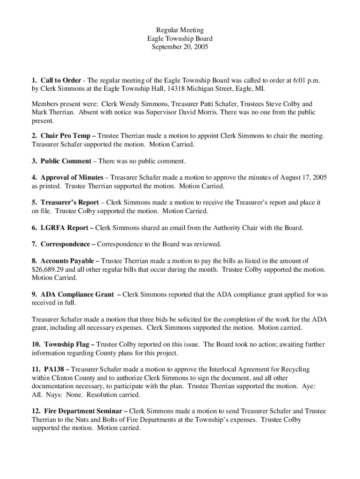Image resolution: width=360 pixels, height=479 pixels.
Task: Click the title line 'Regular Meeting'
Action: pyautogui.click(x=180, y=30)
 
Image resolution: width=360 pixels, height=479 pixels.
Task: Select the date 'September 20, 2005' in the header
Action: pyautogui.click(x=180, y=47)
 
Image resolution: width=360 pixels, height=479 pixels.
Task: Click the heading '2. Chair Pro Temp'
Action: pyautogui.click(x=61, y=136)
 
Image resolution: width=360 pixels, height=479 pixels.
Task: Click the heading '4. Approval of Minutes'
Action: pyautogui.click(x=67, y=178)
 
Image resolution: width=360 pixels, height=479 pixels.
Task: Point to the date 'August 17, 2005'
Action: pyautogui.click(x=303, y=178)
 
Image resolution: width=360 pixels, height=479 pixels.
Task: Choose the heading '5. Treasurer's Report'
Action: pyautogui.click(x=65, y=203)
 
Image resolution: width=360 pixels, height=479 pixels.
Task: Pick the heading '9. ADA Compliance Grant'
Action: pyautogui.click(x=72, y=295)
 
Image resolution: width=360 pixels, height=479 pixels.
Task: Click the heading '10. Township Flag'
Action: pyautogui.click(x=60, y=345)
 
